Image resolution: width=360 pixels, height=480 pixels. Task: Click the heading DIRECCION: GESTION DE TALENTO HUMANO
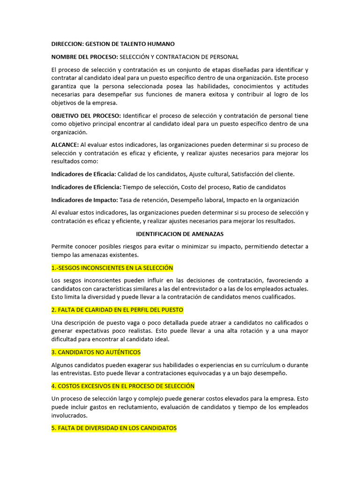[112, 44]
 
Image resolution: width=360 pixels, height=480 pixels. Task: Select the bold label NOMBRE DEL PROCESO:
[85, 57]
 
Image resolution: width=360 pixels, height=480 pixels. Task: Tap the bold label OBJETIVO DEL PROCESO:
[86, 116]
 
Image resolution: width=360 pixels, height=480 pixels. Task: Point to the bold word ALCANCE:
[65, 145]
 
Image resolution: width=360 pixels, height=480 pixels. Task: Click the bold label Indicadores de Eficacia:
[83, 174]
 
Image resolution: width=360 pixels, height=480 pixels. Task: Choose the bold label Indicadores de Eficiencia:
[85, 187]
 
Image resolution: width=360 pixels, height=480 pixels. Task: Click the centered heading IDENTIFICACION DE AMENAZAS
[180, 233]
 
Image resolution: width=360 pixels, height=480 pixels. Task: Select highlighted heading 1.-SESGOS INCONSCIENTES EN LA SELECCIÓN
[112, 268]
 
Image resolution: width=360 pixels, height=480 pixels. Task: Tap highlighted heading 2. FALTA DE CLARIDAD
[117, 310]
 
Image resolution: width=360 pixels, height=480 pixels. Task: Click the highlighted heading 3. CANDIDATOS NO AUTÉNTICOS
[96, 352]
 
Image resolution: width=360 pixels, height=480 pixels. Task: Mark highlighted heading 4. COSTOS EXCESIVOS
[123, 386]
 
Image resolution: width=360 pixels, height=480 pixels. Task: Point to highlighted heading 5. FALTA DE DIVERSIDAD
[114, 428]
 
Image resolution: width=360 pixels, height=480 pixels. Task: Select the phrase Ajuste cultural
[209, 174]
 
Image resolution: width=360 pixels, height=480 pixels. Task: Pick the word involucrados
[69, 415]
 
